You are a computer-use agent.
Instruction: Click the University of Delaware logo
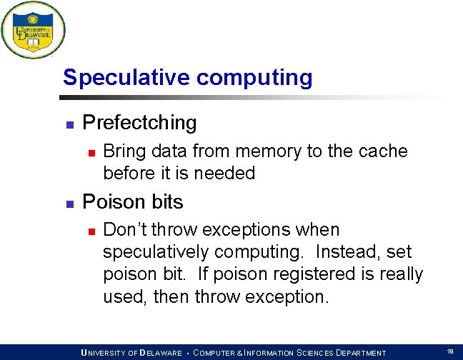pos(33,31)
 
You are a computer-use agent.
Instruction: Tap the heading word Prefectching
pos(139,123)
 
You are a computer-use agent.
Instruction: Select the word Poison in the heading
pos(110,202)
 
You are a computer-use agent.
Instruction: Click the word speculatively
pos(156,252)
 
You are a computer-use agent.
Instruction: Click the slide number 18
pos(450,351)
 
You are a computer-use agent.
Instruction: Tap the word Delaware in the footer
pos(161,353)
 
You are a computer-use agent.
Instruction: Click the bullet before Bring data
pos(90,153)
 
